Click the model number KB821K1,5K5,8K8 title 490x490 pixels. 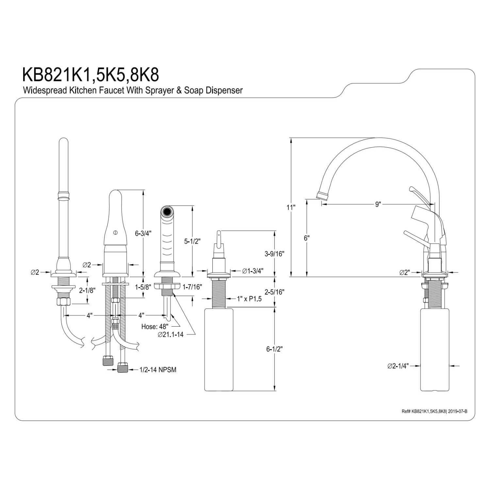pos(90,75)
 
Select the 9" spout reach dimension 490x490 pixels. pos(378,204)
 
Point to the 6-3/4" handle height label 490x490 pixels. pos(143,233)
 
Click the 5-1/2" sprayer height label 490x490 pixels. pos(192,241)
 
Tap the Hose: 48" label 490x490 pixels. pos(155,326)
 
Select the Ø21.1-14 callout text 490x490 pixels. pos(170,335)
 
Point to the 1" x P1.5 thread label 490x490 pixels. pos(249,299)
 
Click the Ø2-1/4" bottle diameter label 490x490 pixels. pos(398,366)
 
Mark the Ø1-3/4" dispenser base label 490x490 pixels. pos(253,271)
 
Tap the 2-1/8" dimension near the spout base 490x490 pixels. pos(87,290)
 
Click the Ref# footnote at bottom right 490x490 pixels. pos(434,411)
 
